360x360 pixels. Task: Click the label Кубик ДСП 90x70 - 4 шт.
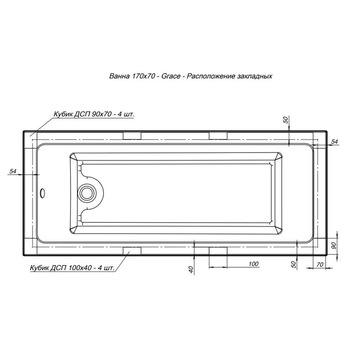pos(94,114)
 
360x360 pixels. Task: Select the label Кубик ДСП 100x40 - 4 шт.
pos(72,268)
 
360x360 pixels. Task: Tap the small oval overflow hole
pos(43,193)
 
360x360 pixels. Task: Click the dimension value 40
pos(191,269)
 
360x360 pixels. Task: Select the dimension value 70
pos(320,265)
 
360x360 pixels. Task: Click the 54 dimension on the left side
pos(13,171)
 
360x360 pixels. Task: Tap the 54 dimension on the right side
pos(334,142)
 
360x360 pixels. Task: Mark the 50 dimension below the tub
pos(293,265)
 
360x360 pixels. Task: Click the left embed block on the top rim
pos(132,136)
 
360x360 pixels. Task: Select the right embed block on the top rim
pos(218,136)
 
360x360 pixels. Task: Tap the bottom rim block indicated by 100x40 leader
pos(132,250)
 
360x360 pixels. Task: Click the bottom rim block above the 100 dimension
pos(218,250)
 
